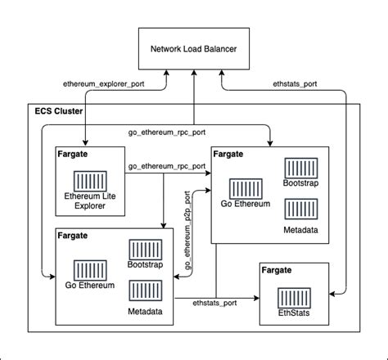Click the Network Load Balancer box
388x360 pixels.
[193, 49]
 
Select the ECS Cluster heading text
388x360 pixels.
[58, 110]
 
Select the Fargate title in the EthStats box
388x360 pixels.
[279, 269]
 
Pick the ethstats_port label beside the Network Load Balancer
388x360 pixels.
[296, 84]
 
